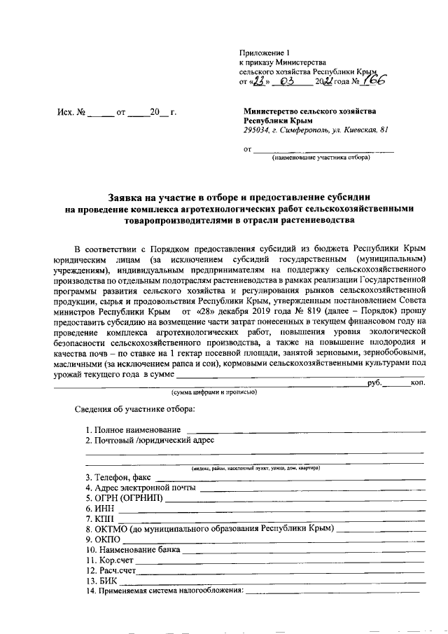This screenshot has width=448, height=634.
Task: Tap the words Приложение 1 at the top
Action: pos(263,53)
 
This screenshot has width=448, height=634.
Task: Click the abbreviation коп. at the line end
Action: pos(417,384)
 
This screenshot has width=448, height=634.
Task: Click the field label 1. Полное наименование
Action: pos(133,429)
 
